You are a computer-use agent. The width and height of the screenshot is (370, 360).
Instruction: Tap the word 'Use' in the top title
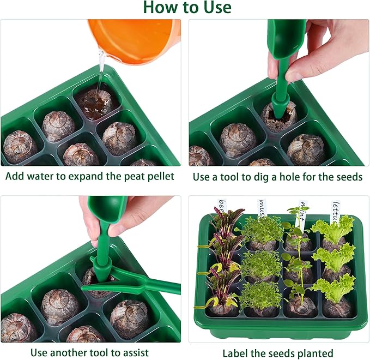pos(216,8)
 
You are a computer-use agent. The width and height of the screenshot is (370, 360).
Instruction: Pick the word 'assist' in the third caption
pos(133,352)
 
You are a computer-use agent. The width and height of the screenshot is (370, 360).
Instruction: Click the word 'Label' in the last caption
pos(235,352)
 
